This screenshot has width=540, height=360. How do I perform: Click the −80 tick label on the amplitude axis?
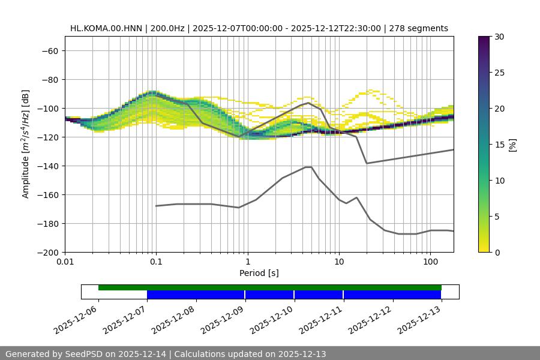pyautogui.click(x=49, y=80)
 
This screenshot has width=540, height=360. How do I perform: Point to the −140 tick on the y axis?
pyautogui.click(x=47, y=166)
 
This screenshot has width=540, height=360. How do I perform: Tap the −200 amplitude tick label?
pyautogui.click(x=47, y=253)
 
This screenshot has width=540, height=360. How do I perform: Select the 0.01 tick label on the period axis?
pyautogui.click(x=65, y=262)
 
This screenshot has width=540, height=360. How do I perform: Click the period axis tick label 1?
pyautogui.click(x=248, y=262)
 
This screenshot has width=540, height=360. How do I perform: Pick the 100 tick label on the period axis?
pyautogui.click(x=430, y=262)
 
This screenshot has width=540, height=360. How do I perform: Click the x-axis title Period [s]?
pyautogui.click(x=259, y=274)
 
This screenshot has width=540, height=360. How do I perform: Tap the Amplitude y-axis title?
pyautogui.click(x=26, y=144)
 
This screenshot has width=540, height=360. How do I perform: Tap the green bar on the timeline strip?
pyautogui.click(x=270, y=287)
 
